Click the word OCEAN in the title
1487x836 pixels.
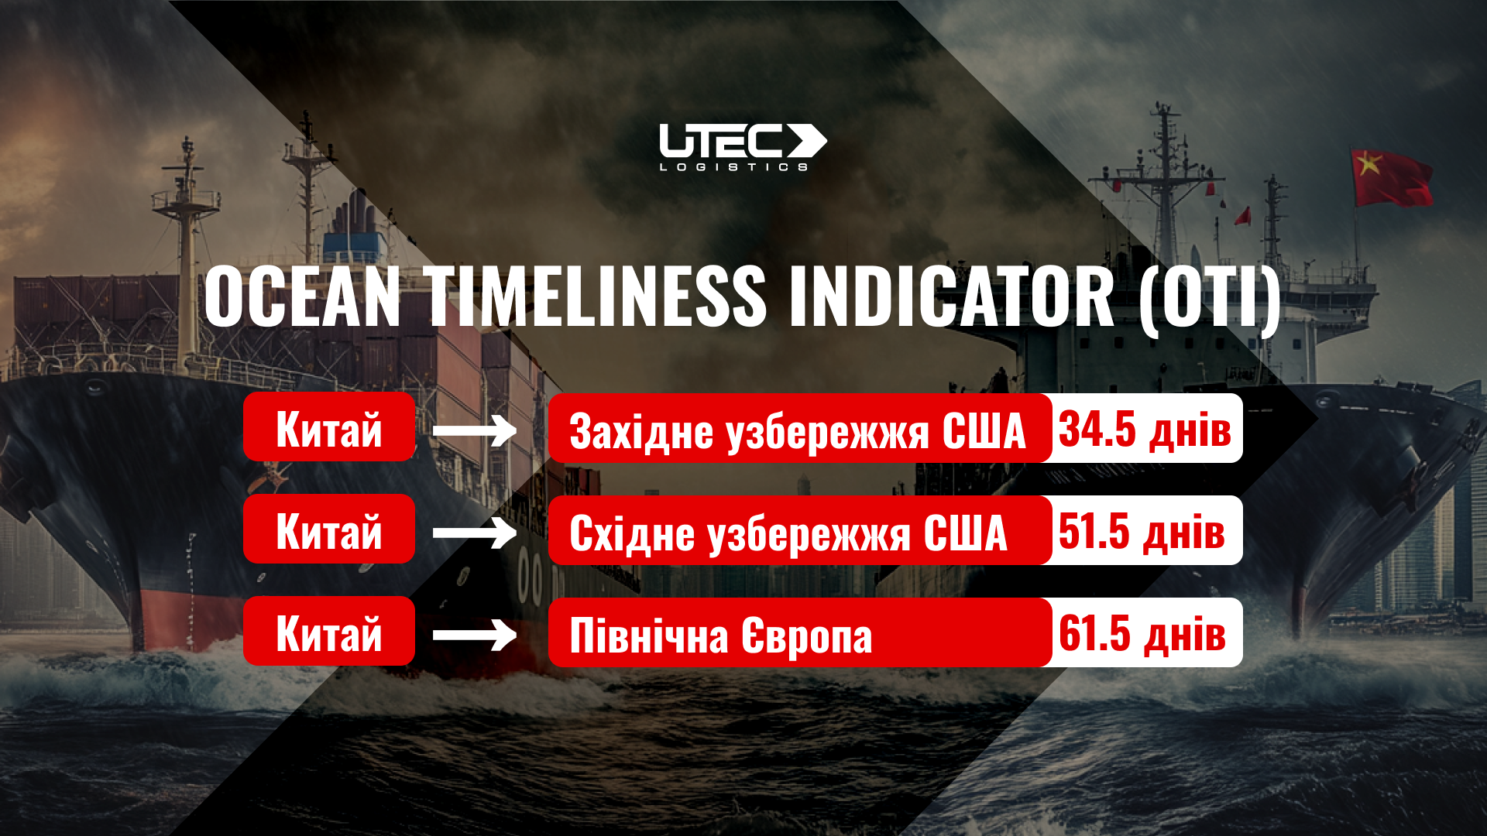pyautogui.click(x=302, y=297)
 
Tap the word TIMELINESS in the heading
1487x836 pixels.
pyautogui.click(x=594, y=297)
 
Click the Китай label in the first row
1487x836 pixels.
pyautogui.click(x=329, y=428)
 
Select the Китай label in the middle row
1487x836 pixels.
pyautogui.click(x=329, y=530)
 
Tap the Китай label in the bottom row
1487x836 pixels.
pyautogui.click(x=329, y=632)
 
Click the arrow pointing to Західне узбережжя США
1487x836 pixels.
pyautogui.click(x=474, y=430)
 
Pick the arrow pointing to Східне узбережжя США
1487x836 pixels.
pyautogui.click(x=474, y=533)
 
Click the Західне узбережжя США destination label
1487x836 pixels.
pyautogui.click(x=798, y=430)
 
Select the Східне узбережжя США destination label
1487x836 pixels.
pyautogui.click(x=788, y=533)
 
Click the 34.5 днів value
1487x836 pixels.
pyautogui.click(x=1145, y=429)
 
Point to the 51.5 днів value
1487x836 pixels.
pyautogui.click(x=1142, y=531)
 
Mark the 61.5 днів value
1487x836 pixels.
pyautogui.click(x=1142, y=633)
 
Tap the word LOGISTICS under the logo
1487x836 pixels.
pyautogui.click(x=734, y=166)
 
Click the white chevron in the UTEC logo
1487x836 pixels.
pyautogui.click(x=807, y=140)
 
